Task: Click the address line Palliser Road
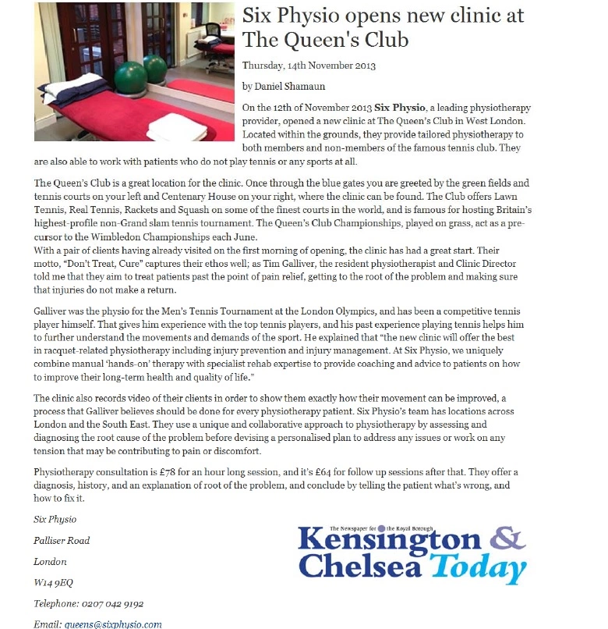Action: click(62, 540)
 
